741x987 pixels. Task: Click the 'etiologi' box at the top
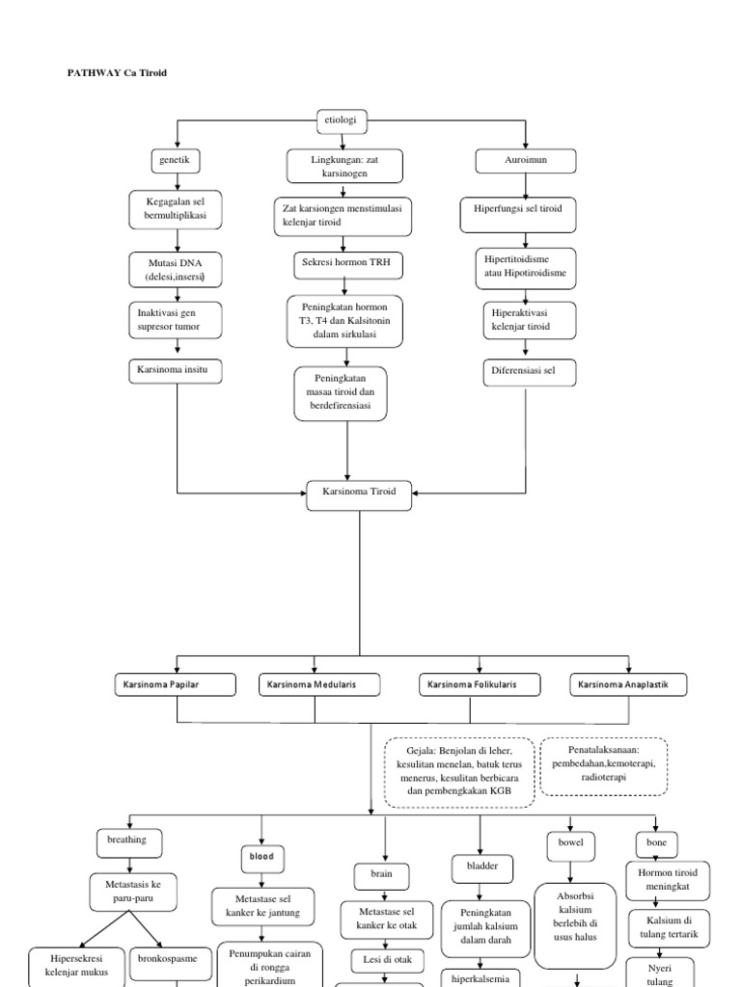[343, 121]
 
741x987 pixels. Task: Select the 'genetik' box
[176, 160]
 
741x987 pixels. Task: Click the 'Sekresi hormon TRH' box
[347, 262]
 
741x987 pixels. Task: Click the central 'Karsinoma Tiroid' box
[359, 492]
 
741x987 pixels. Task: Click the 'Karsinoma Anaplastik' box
[631, 685]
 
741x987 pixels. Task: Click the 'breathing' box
[127, 840]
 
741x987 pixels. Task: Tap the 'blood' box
[262, 855]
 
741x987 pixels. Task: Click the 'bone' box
[656, 842]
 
